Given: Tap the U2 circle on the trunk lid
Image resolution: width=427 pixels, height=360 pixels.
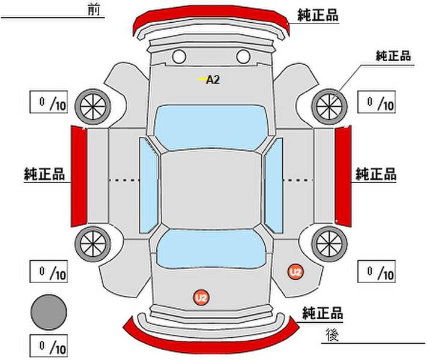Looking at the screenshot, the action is pyautogui.click(x=201, y=298).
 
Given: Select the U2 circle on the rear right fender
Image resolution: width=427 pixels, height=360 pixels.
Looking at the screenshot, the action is pyautogui.click(x=295, y=272).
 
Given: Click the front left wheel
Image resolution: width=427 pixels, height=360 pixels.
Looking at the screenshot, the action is pyautogui.click(x=93, y=107).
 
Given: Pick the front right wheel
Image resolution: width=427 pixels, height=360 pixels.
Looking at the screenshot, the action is pyautogui.click(x=330, y=107).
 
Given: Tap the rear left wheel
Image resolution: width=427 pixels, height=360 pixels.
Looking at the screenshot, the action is pyautogui.click(x=93, y=244).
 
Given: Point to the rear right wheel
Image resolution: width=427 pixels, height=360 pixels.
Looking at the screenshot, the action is pyautogui.click(x=330, y=244).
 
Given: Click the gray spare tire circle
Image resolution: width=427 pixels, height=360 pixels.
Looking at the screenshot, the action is pyautogui.click(x=49, y=312).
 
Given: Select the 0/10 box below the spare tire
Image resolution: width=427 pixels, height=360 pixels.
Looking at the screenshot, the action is pyautogui.click(x=49, y=346).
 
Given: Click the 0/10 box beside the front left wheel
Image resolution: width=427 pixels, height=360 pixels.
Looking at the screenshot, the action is pyautogui.click(x=49, y=102).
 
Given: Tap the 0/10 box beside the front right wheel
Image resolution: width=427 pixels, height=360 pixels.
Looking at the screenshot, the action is pyautogui.click(x=377, y=102).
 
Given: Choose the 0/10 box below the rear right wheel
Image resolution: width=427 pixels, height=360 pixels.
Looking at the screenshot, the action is pyautogui.click(x=377, y=271).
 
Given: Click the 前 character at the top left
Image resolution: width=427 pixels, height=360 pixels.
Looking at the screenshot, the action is pyautogui.click(x=94, y=10).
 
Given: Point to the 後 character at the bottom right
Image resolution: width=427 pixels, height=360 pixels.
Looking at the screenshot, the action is pyautogui.click(x=333, y=335).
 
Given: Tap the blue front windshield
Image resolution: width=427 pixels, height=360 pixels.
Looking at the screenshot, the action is pyautogui.click(x=211, y=128).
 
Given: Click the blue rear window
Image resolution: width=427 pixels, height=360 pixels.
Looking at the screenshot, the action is pyautogui.click(x=211, y=249).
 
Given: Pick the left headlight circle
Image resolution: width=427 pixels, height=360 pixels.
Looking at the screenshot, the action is pyautogui.click(x=179, y=57).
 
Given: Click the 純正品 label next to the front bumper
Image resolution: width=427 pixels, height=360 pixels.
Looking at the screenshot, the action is pyautogui.click(x=318, y=15).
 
